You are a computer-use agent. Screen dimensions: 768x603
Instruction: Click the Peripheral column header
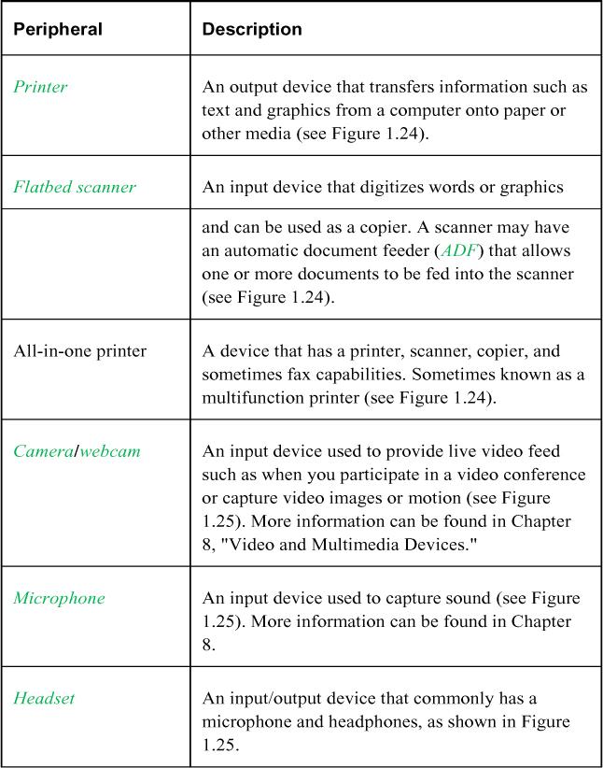[x=57, y=29]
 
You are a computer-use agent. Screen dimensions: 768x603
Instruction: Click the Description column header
[x=252, y=29]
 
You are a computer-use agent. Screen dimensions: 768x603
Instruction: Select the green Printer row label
[x=40, y=87]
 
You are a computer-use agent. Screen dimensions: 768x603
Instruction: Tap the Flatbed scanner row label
[x=75, y=187]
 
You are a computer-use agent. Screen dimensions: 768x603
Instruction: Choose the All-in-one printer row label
[x=80, y=351]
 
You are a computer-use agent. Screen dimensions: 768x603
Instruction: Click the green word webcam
[x=110, y=451]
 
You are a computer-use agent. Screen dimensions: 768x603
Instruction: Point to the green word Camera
[x=43, y=451]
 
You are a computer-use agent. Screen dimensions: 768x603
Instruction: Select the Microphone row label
[x=59, y=598]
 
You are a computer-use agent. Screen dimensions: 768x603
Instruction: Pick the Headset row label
[x=44, y=698]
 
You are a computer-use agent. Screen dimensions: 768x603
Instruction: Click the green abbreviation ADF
[x=457, y=250]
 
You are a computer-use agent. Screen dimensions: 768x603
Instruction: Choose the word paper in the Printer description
[x=526, y=109]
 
